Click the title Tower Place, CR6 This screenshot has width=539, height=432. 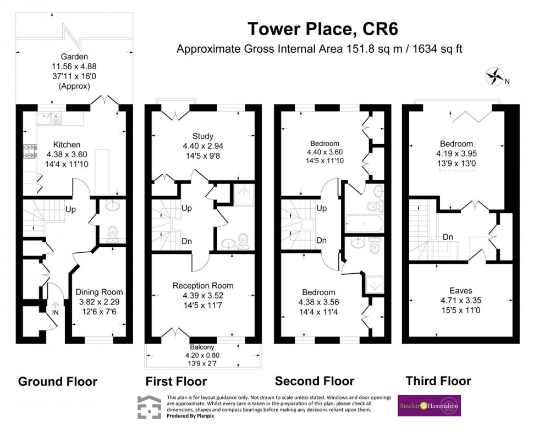(x=318, y=28)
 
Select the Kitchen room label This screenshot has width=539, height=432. (x=67, y=145)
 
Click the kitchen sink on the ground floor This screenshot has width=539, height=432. (x=51, y=118)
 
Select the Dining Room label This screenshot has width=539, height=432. (x=99, y=292)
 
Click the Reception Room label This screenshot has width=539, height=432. (x=202, y=286)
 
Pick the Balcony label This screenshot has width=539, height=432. (x=201, y=347)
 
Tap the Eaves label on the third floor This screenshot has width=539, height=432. (x=460, y=291)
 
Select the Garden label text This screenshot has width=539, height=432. (x=74, y=56)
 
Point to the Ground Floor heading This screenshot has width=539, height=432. (x=58, y=381)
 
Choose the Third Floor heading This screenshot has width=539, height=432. (x=438, y=380)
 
